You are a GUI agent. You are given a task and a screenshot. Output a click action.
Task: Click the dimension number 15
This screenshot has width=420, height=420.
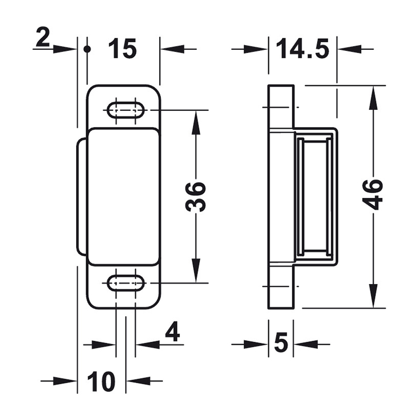(122, 48)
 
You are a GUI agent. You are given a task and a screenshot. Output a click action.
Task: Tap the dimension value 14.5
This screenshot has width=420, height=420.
(302, 48)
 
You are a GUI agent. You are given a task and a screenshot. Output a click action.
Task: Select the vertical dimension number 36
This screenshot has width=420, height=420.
(195, 196)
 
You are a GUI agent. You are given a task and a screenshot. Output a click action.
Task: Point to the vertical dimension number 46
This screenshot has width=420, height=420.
(373, 194)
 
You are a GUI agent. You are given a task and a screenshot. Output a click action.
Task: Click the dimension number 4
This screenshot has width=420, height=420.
(173, 332)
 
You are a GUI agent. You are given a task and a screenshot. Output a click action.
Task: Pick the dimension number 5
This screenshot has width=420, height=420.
(281, 342)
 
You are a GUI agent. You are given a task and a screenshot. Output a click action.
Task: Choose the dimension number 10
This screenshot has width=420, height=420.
(101, 381)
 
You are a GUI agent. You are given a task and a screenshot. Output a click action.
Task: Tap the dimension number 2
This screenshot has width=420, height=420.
(43, 38)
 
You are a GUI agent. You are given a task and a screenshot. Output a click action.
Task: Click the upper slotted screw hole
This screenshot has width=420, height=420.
(126, 110)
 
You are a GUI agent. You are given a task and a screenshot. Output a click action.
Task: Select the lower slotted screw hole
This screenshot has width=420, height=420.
(126, 283)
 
